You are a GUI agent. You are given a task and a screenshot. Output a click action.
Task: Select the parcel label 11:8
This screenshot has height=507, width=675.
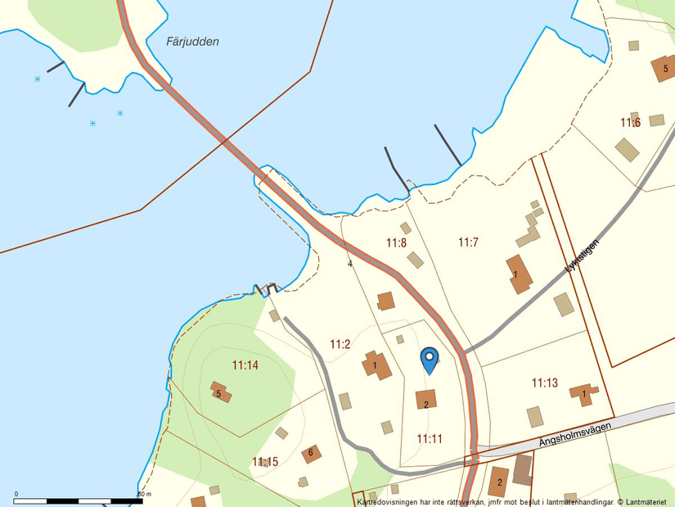click(396, 242)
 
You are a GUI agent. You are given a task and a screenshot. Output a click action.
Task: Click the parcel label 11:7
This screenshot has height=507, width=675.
click(468, 242)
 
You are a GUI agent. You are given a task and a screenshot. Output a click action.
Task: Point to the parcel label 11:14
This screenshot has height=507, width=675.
click(245, 365)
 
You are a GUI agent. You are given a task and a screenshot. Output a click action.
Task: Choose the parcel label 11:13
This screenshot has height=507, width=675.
click(544, 383)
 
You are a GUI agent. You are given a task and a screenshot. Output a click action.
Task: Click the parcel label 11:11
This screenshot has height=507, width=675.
click(430, 439)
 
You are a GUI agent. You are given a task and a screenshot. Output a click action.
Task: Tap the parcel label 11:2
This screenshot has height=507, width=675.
click(340, 344)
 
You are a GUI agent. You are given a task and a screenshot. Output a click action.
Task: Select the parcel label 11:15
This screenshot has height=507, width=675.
click(265, 462)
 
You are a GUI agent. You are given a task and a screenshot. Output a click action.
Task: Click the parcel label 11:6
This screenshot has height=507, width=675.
click(629, 123)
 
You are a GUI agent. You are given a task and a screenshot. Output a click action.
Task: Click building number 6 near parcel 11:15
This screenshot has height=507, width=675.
click(311, 452)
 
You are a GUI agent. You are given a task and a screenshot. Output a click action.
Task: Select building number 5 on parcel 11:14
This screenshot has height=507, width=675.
click(218, 393)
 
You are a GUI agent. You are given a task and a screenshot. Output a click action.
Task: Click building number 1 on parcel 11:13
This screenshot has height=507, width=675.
click(583, 394)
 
